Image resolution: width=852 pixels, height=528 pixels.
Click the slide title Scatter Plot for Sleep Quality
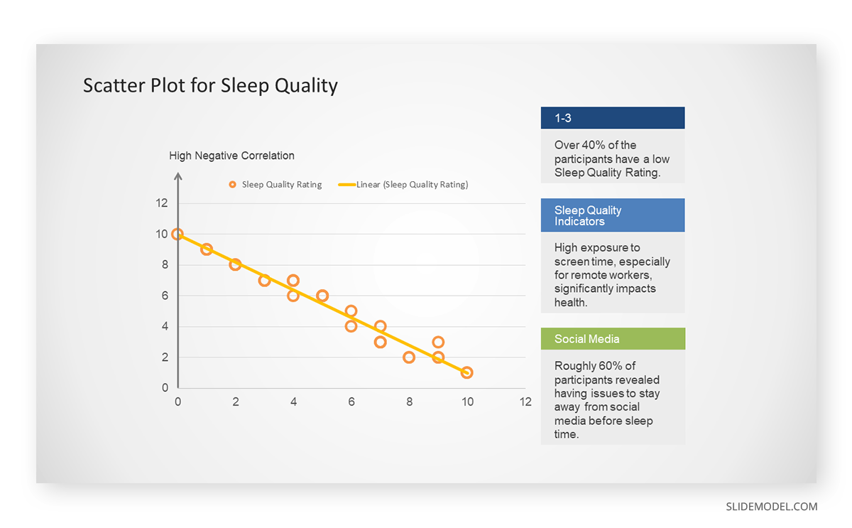pos(210,86)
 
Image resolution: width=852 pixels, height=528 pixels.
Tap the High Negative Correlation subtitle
pos(231,156)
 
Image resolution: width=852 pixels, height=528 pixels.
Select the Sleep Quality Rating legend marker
pos(232,185)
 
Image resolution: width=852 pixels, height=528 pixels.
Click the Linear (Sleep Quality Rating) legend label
pos(413,185)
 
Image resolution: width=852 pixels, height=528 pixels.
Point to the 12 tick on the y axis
pos(162,203)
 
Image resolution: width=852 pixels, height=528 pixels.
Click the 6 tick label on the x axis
pos(351,402)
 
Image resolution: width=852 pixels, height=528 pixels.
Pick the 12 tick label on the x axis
pos(525,402)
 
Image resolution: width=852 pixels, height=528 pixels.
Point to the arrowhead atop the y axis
pos(178,176)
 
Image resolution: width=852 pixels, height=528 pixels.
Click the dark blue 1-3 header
pos(613,118)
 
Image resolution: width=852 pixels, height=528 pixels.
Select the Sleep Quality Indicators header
pos(613,215)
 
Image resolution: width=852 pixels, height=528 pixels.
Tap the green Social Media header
pos(613,338)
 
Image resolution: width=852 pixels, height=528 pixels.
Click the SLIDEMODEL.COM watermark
pos(771,507)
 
